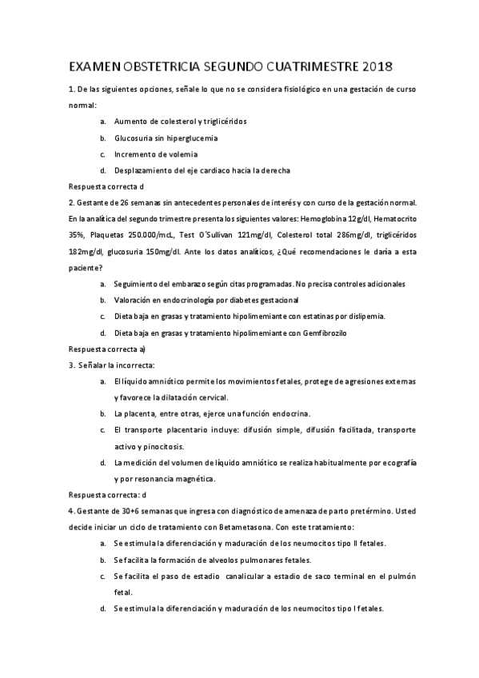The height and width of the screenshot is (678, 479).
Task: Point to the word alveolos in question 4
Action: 215,559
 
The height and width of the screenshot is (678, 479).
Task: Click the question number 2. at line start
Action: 71,202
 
